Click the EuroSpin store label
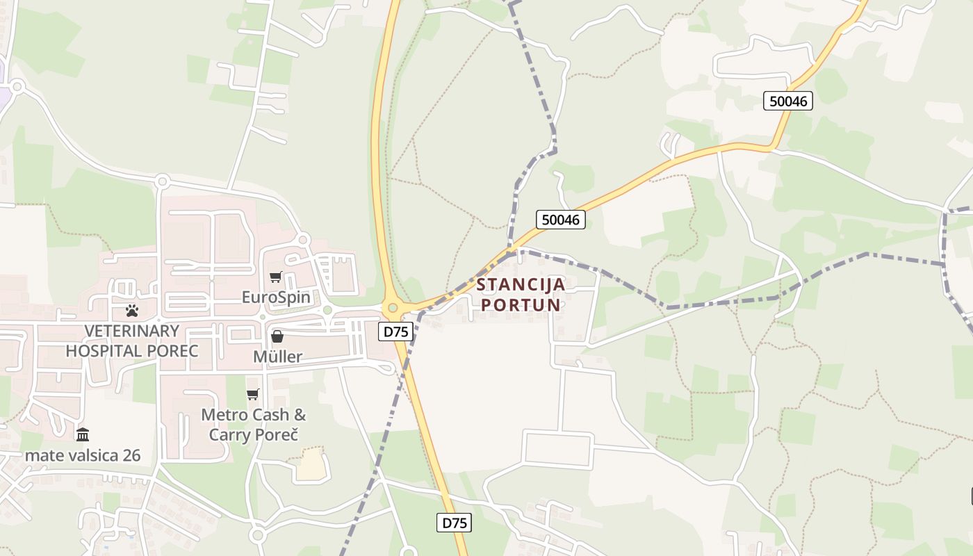click(276, 297)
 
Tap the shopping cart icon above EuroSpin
click(276, 277)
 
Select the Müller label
click(277, 357)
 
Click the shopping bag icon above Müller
click(277, 337)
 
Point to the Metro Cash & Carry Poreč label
click(253, 425)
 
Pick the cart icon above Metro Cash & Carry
click(253, 395)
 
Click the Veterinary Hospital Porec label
click(132, 341)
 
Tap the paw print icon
click(132, 311)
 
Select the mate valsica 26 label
click(83, 455)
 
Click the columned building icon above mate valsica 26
click(83, 435)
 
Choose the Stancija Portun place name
click(521, 295)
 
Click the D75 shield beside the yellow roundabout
click(397, 332)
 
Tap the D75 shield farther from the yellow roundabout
click(455, 523)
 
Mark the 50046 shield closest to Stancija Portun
click(561, 220)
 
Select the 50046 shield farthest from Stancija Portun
click(788, 101)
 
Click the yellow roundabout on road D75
click(393, 306)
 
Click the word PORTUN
click(521, 305)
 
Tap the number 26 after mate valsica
click(131, 455)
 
